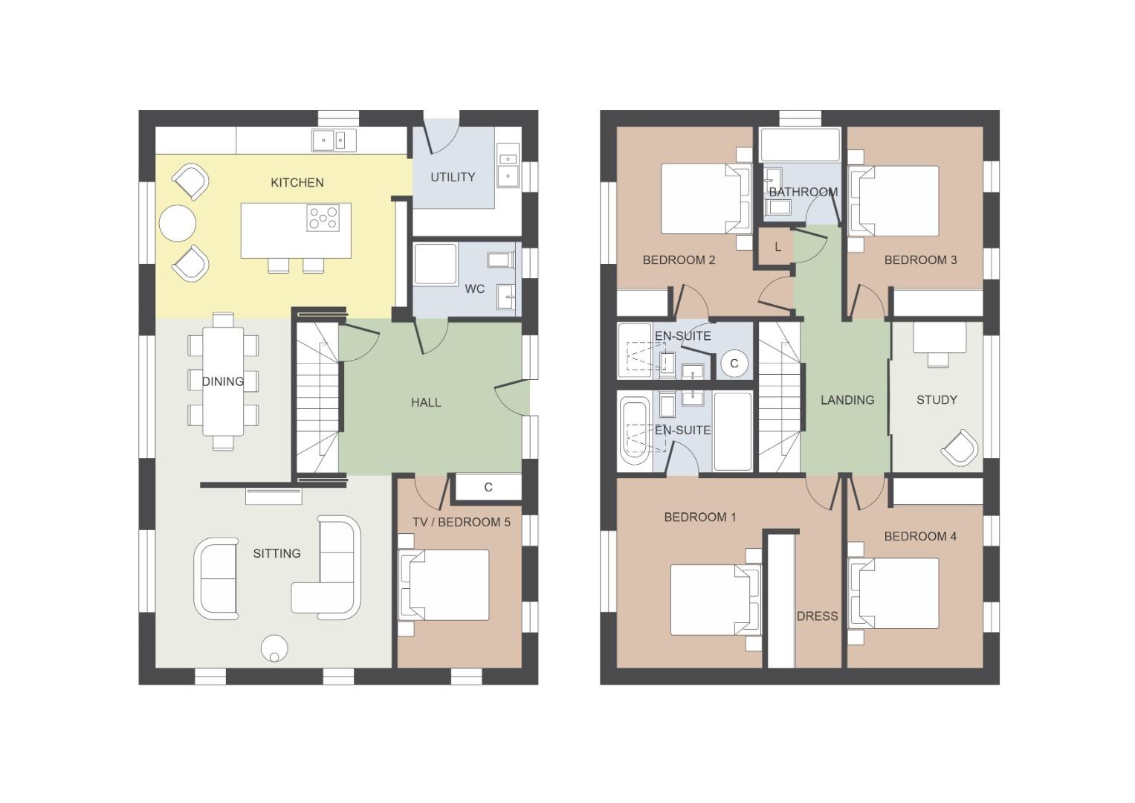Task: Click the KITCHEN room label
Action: click(x=297, y=182)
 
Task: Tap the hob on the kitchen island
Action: click(x=323, y=218)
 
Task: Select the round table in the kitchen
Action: click(x=178, y=223)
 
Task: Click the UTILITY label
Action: click(x=453, y=177)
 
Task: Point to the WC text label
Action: click(x=475, y=289)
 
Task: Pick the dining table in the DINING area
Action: click(x=223, y=381)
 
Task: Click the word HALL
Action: click(x=426, y=402)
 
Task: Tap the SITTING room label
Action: click(x=277, y=553)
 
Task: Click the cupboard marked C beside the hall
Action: click(x=488, y=487)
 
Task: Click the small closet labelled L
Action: click(x=777, y=248)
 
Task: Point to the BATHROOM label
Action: click(x=803, y=192)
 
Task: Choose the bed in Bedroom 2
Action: click(x=705, y=199)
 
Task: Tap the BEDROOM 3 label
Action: click(x=920, y=260)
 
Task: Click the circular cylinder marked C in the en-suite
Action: click(x=734, y=363)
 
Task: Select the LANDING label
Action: click(x=847, y=400)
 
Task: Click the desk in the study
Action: click(x=939, y=338)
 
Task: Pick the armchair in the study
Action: click(x=959, y=448)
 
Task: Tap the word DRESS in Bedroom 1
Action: click(x=818, y=616)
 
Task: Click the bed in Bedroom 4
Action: click(x=894, y=593)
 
